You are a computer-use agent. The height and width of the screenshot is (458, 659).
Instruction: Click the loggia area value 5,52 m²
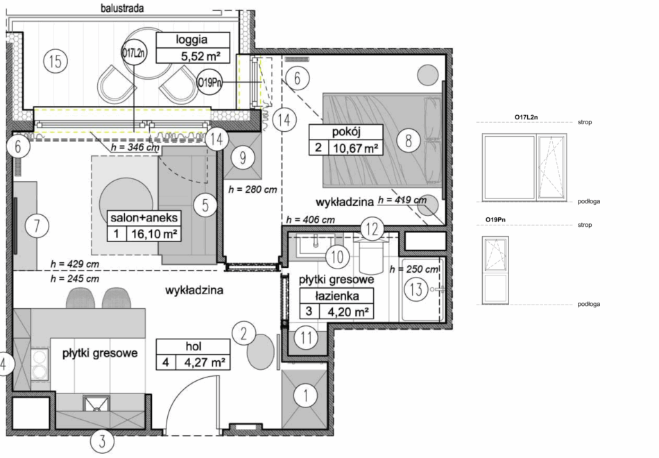(x=200, y=56)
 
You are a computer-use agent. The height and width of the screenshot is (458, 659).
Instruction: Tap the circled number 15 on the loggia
(x=55, y=61)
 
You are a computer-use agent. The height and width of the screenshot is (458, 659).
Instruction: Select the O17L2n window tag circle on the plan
(x=134, y=53)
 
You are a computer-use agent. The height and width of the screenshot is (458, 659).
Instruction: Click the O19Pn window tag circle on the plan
(x=209, y=83)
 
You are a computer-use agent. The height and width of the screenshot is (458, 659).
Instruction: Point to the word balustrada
(x=122, y=8)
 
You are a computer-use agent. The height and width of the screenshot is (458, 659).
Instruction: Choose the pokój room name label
(x=346, y=132)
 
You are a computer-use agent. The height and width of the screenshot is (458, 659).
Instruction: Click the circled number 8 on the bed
(x=408, y=140)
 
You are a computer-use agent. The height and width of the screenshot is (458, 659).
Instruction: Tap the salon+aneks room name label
(x=144, y=218)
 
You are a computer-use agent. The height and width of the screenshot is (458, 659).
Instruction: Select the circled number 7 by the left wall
(x=37, y=226)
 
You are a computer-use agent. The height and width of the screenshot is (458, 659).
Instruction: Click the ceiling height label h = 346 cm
(x=135, y=148)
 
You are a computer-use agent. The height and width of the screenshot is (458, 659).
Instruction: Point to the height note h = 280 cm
(x=253, y=189)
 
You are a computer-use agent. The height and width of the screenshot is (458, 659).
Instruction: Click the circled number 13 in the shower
(x=416, y=289)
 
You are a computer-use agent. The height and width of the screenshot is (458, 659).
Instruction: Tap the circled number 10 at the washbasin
(x=337, y=257)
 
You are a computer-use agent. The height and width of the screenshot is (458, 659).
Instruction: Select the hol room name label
(x=194, y=346)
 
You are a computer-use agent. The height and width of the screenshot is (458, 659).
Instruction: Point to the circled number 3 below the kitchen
(x=102, y=441)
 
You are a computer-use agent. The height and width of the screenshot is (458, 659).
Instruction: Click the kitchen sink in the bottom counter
(x=96, y=404)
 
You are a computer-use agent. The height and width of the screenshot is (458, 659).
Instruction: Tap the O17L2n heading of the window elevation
(x=526, y=117)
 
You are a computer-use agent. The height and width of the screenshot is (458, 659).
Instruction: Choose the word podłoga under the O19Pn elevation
(x=588, y=304)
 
